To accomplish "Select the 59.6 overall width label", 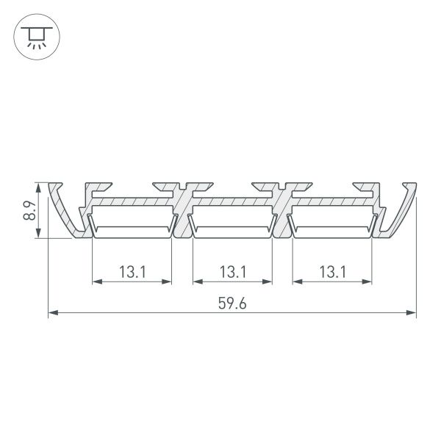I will pyautogui.click(x=232, y=302).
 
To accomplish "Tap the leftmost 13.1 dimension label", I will pyautogui.click(x=132, y=271).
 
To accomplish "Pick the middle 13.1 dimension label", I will pyautogui.click(x=232, y=271).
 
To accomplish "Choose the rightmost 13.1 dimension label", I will pyautogui.click(x=332, y=271).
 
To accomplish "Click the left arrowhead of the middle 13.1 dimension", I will pyautogui.click(x=196, y=280).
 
